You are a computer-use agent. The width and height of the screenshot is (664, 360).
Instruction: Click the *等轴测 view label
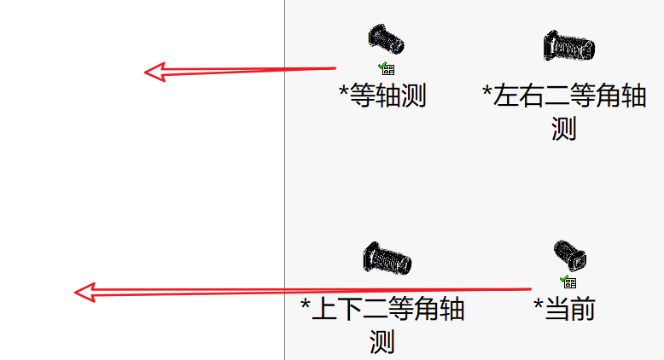pyautogui.click(x=382, y=96)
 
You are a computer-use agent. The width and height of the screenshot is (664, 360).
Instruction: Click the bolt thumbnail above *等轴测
pyautogui.click(x=387, y=39)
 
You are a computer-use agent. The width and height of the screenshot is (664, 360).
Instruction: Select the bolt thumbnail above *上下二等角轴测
pyautogui.click(x=387, y=258)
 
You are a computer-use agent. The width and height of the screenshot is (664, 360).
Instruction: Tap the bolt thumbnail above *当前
pyautogui.click(x=569, y=254)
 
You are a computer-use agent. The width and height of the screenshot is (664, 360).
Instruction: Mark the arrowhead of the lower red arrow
pyautogui.click(x=82, y=293)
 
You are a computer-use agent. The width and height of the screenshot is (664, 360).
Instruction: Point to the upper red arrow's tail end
pyautogui.click(x=335, y=68)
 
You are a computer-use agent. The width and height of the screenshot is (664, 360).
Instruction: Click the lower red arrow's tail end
pyautogui.click(x=529, y=289)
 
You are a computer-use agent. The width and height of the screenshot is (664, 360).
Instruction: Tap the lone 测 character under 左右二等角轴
pyautogui.click(x=563, y=128)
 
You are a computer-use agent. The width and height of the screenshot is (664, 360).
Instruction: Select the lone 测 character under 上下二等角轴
pyautogui.click(x=382, y=341)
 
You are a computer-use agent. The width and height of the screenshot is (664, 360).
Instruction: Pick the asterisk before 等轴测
pyautogui.click(x=344, y=91)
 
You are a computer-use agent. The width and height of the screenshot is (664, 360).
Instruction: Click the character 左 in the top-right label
pyautogui.click(x=505, y=96)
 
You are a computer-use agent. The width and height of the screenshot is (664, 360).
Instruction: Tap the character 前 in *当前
pyautogui.click(x=580, y=308)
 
